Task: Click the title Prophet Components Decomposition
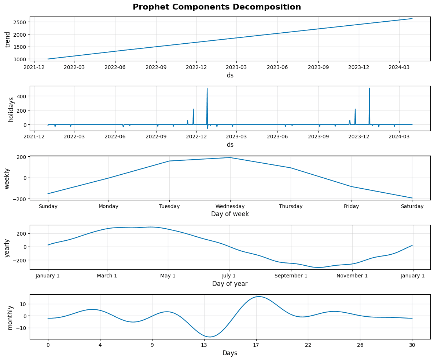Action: point(217,7)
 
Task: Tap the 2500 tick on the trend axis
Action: point(20,22)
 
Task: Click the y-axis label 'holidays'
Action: point(11,109)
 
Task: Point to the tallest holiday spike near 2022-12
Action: point(207,88)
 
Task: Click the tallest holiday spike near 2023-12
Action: point(369,88)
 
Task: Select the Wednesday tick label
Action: point(230,206)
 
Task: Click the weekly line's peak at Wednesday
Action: point(230,158)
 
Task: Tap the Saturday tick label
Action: point(412,206)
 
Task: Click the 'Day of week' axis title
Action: point(230,214)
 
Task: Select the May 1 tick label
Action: point(168,276)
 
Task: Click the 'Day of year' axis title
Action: point(230,284)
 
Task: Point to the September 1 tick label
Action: point(291,276)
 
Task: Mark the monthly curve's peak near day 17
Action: point(259,297)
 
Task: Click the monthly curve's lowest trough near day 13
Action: point(210,337)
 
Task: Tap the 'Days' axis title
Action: point(230,353)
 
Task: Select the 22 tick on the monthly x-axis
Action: point(308,345)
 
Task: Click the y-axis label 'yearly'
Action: point(7,248)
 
